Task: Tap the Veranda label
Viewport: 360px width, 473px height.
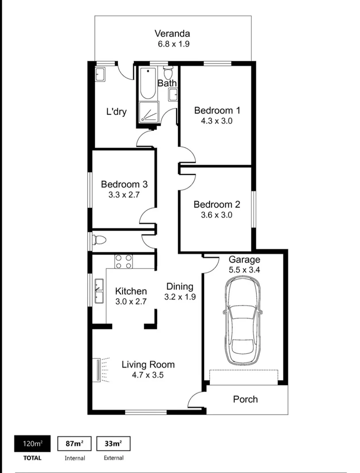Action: pyautogui.click(x=172, y=34)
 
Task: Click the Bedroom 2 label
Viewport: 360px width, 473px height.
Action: pyautogui.click(x=217, y=204)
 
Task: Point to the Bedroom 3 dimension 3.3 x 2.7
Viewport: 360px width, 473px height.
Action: pyautogui.click(x=124, y=194)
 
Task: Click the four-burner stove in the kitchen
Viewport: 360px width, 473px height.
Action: pyautogui.click(x=124, y=261)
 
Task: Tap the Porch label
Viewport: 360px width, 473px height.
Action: pyautogui.click(x=245, y=400)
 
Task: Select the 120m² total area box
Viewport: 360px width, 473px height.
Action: pyautogui.click(x=32, y=443)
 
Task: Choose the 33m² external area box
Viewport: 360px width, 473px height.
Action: pyautogui.click(x=113, y=443)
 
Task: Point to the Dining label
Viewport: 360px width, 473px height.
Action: pyautogui.click(x=180, y=286)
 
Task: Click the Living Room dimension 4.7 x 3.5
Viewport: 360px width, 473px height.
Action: pyautogui.click(x=148, y=376)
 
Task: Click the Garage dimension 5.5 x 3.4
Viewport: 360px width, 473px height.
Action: pyautogui.click(x=244, y=270)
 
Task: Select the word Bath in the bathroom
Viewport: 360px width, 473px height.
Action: pyautogui.click(x=167, y=83)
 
